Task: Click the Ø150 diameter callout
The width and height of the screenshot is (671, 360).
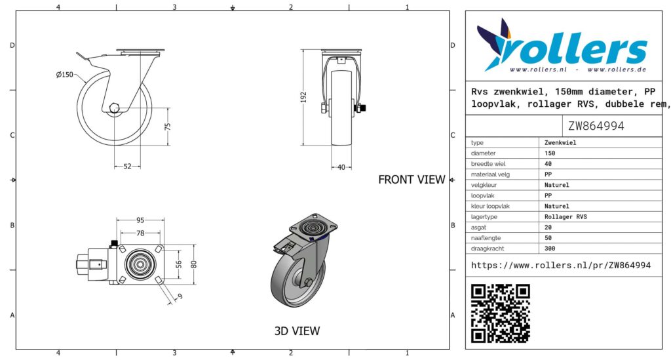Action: (x=65, y=75)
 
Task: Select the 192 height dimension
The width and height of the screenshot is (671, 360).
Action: (x=304, y=97)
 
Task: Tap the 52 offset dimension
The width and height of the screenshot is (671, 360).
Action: (x=128, y=167)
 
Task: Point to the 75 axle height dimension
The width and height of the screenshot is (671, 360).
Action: (x=168, y=127)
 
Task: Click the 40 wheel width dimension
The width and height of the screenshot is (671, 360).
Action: (x=341, y=167)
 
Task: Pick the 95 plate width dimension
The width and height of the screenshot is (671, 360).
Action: (x=140, y=220)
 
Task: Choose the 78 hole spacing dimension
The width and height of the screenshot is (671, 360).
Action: (x=140, y=233)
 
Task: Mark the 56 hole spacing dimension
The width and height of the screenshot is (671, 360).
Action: (x=179, y=264)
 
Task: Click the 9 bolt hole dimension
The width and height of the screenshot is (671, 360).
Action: (x=180, y=296)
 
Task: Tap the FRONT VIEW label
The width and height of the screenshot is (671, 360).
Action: (x=412, y=180)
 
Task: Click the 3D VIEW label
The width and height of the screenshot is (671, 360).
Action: (x=297, y=331)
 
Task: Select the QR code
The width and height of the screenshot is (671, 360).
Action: (x=501, y=313)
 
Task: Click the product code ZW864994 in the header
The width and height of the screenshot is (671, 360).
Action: (x=596, y=126)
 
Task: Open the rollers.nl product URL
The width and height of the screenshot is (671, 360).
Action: (x=561, y=266)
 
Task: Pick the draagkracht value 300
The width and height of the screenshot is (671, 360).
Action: (x=550, y=249)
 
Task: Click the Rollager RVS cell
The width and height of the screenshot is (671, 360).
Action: (x=566, y=217)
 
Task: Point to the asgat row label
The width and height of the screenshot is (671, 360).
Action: (x=478, y=228)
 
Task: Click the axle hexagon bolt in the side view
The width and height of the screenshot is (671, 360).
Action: (x=114, y=108)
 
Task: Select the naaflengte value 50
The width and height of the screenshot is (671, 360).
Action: (x=548, y=238)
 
